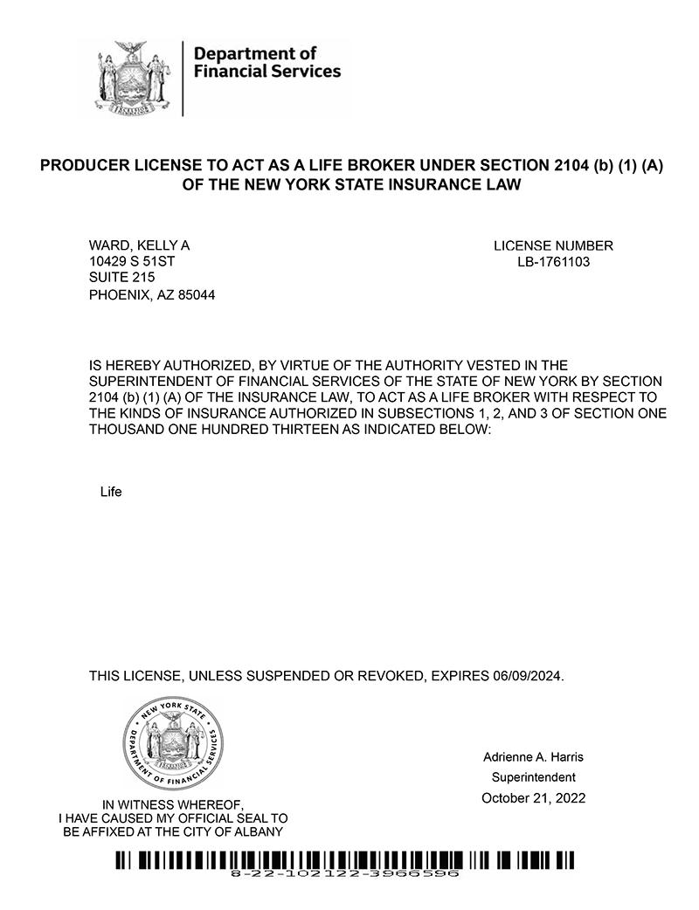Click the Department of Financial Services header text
[266, 62]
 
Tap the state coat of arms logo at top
[134, 79]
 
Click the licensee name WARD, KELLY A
[139, 245]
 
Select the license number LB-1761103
[553, 261]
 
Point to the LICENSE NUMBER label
[553, 245]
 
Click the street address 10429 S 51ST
[138, 261]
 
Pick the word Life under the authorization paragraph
[111, 492]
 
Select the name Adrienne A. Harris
[533, 756]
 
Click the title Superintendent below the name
[533, 777]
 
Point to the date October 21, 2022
[533, 798]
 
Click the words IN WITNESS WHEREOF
[173, 804]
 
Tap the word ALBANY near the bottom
[260, 831]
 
